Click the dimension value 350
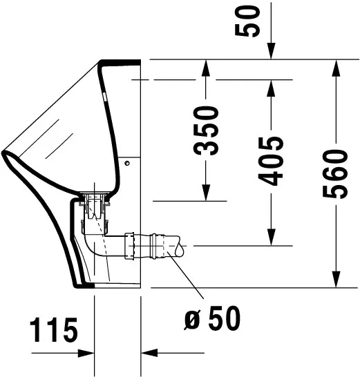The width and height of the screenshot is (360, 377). point(206,130)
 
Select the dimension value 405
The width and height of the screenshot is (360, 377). point(272,160)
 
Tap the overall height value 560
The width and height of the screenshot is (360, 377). point(336,173)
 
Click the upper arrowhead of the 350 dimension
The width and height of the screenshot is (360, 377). point(206,68)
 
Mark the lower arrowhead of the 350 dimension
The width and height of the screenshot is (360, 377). point(206,194)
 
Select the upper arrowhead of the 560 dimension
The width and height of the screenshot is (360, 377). point(337,68)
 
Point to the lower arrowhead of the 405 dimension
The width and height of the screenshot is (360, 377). point(272,238)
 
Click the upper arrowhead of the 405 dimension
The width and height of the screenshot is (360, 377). point(272,88)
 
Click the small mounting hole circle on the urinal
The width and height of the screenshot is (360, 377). point(129,164)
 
